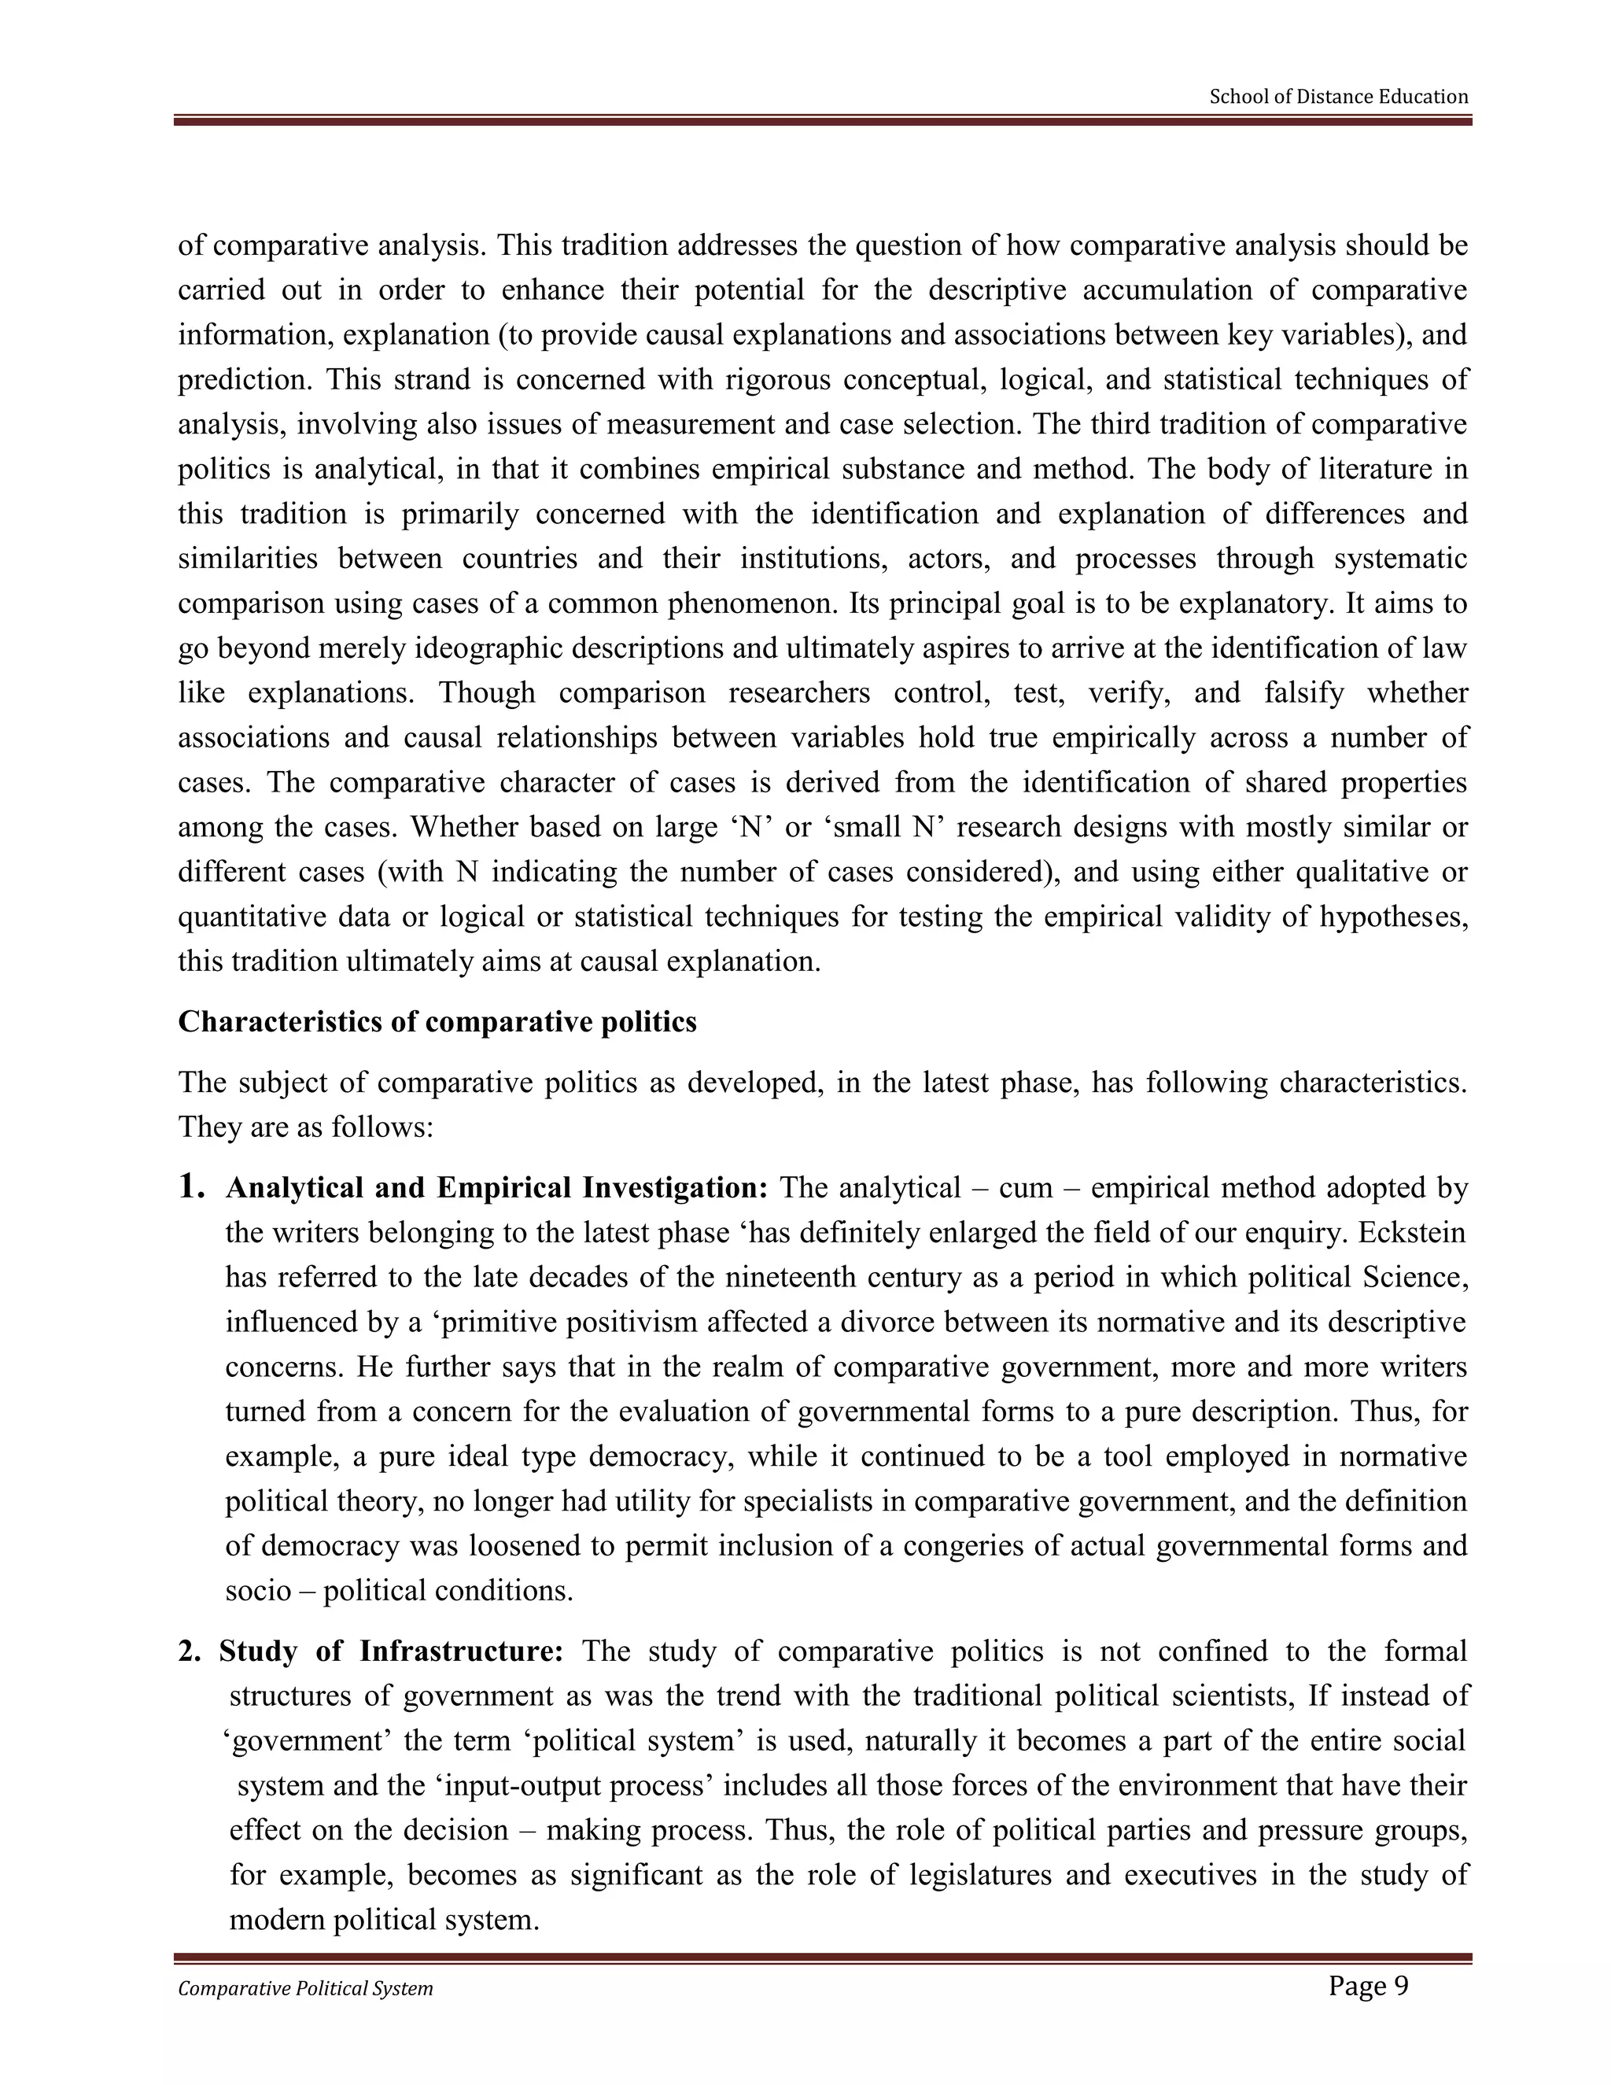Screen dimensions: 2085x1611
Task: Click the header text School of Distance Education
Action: pos(1338,97)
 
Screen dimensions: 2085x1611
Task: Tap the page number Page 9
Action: pos(1368,1986)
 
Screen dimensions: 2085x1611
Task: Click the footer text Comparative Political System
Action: pos(305,1988)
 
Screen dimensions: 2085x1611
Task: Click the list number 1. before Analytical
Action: pos(192,1186)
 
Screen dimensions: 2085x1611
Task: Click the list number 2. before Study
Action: pos(189,1651)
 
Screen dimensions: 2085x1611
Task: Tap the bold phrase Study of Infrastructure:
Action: pos(391,1651)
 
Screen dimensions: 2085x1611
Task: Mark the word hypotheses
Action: pos(1392,917)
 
